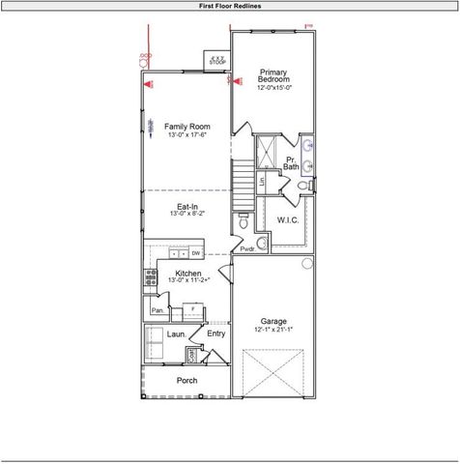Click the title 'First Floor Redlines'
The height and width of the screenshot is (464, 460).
pyautogui.click(x=229, y=5)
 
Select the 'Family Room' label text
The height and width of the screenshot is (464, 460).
pyautogui.click(x=187, y=127)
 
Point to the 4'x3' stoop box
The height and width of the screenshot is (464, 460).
pyautogui.click(x=217, y=60)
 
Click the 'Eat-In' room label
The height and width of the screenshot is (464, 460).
pyautogui.click(x=187, y=206)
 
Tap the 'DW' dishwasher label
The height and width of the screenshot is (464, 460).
pyautogui.click(x=195, y=253)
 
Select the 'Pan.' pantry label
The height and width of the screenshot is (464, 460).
pyautogui.click(x=157, y=310)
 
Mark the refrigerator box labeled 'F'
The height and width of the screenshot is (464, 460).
pyautogui.click(x=192, y=309)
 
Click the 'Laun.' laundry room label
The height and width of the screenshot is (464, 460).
pyautogui.click(x=176, y=333)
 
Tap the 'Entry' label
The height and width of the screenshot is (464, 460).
pyautogui.click(x=216, y=333)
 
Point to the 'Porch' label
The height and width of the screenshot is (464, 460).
pyautogui.click(x=187, y=380)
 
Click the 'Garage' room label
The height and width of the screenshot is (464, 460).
pyautogui.click(x=273, y=322)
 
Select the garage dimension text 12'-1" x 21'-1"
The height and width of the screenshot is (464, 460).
pyautogui.click(x=273, y=331)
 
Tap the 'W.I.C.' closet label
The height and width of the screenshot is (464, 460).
pyautogui.click(x=288, y=219)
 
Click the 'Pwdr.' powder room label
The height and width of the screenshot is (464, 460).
pyautogui.click(x=248, y=248)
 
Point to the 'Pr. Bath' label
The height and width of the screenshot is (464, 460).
pyautogui.click(x=291, y=163)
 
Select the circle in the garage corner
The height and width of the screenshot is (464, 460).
pyautogui.click(x=307, y=263)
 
